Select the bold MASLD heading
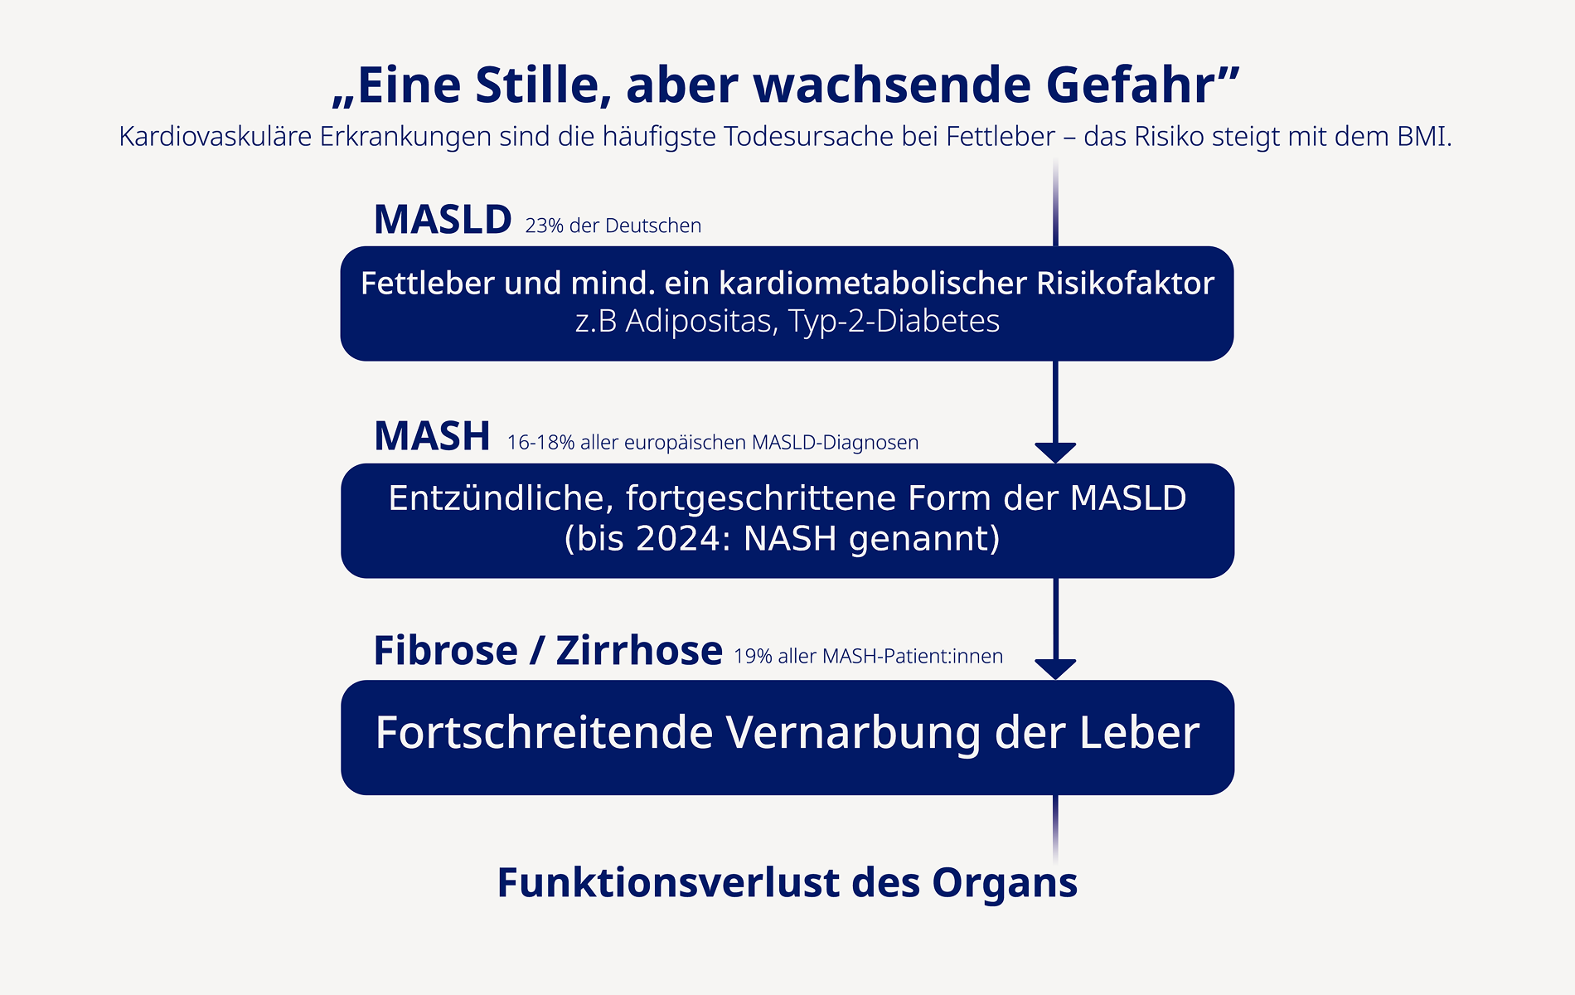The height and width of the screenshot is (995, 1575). click(x=443, y=221)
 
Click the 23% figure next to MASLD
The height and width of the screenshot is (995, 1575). click(x=544, y=226)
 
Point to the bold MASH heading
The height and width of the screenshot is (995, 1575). click(x=432, y=437)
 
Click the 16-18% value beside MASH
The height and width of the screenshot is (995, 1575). click(x=540, y=443)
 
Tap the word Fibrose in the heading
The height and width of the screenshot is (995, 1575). click(x=445, y=651)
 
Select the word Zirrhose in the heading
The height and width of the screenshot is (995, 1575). click(x=639, y=651)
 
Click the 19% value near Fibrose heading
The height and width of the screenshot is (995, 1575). click(x=753, y=657)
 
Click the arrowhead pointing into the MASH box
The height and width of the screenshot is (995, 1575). click(x=1055, y=452)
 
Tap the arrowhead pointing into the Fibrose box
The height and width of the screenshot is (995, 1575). click(x=1055, y=668)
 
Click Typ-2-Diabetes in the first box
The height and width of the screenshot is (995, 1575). click(x=894, y=322)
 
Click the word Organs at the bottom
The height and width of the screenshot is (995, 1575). click(x=1004, y=883)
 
